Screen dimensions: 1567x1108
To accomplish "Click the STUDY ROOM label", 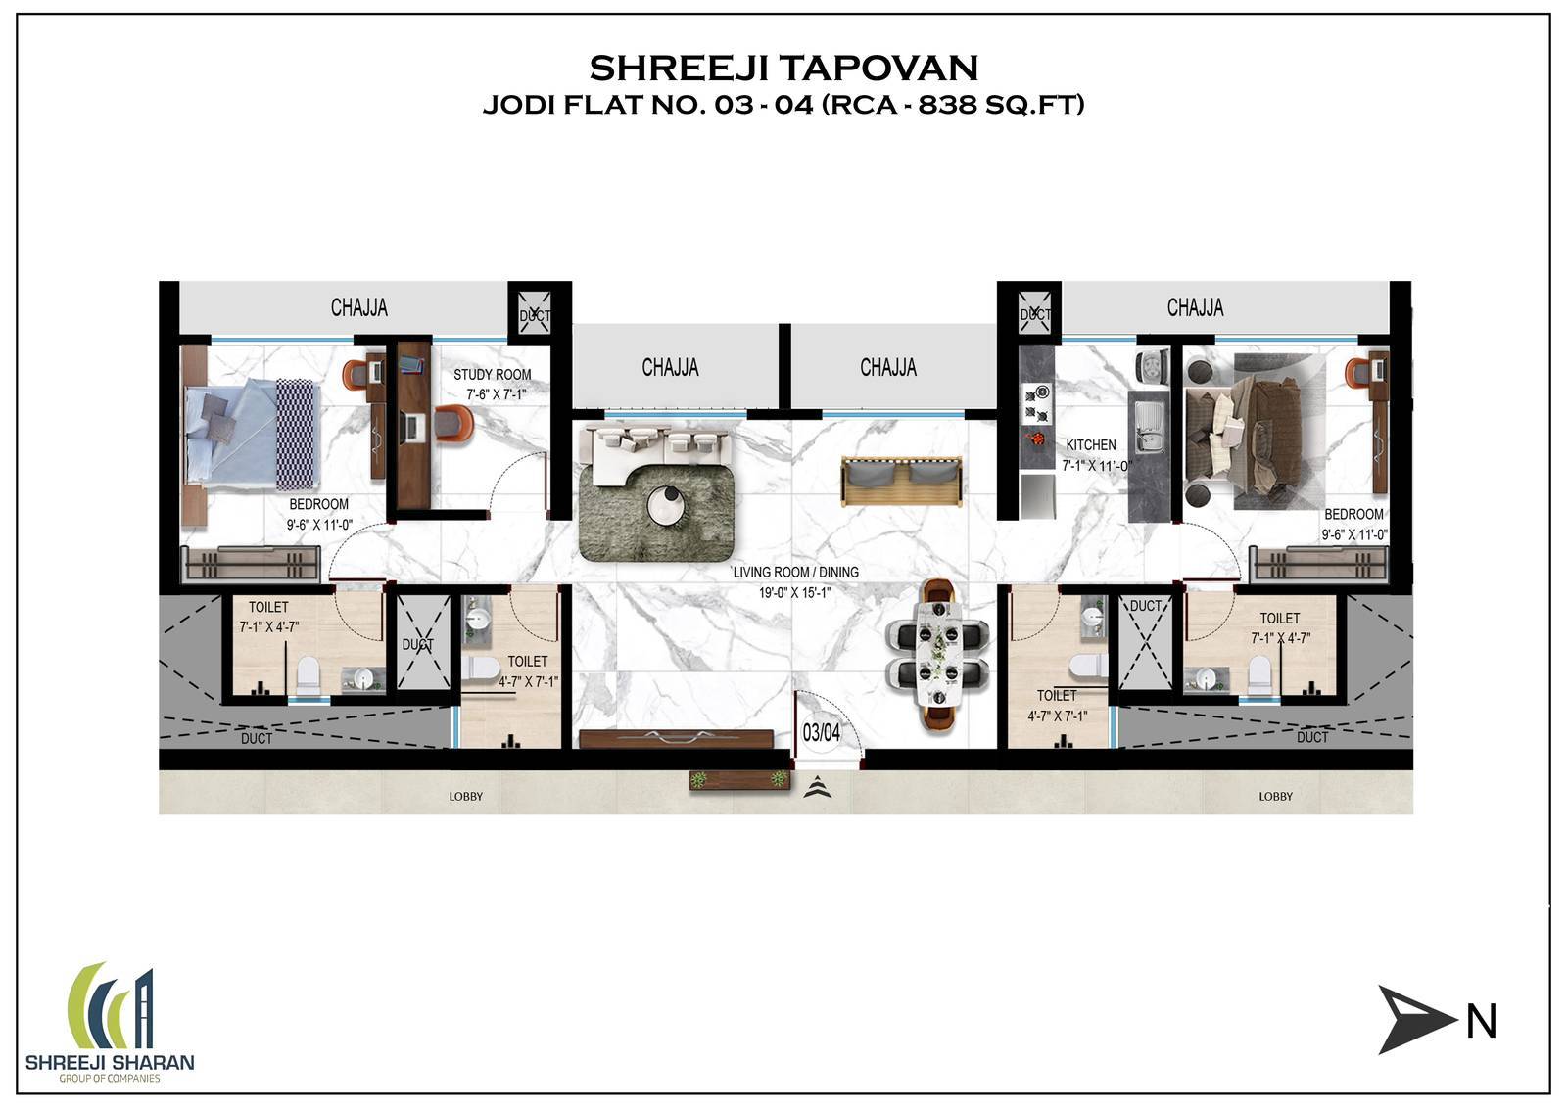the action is point(492,375).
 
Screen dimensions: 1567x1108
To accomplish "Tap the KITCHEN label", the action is point(1091,444).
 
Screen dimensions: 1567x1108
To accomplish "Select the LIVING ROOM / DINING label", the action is point(795,572).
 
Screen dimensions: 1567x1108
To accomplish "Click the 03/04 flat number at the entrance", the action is point(822,732).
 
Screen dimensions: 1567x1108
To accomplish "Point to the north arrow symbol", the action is point(1413,1020).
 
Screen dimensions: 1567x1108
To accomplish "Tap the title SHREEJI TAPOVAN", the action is point(783,68).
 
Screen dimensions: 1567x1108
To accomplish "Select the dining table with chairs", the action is point(937,655).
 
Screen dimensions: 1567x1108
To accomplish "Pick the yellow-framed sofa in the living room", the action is point(901,481).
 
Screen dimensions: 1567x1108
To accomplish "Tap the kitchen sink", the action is point(1148,427).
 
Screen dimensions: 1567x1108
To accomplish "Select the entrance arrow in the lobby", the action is point(817,788).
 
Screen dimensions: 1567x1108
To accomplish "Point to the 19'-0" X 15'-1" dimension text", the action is point(794,593).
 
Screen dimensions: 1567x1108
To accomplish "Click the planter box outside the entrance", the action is point(739,779).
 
